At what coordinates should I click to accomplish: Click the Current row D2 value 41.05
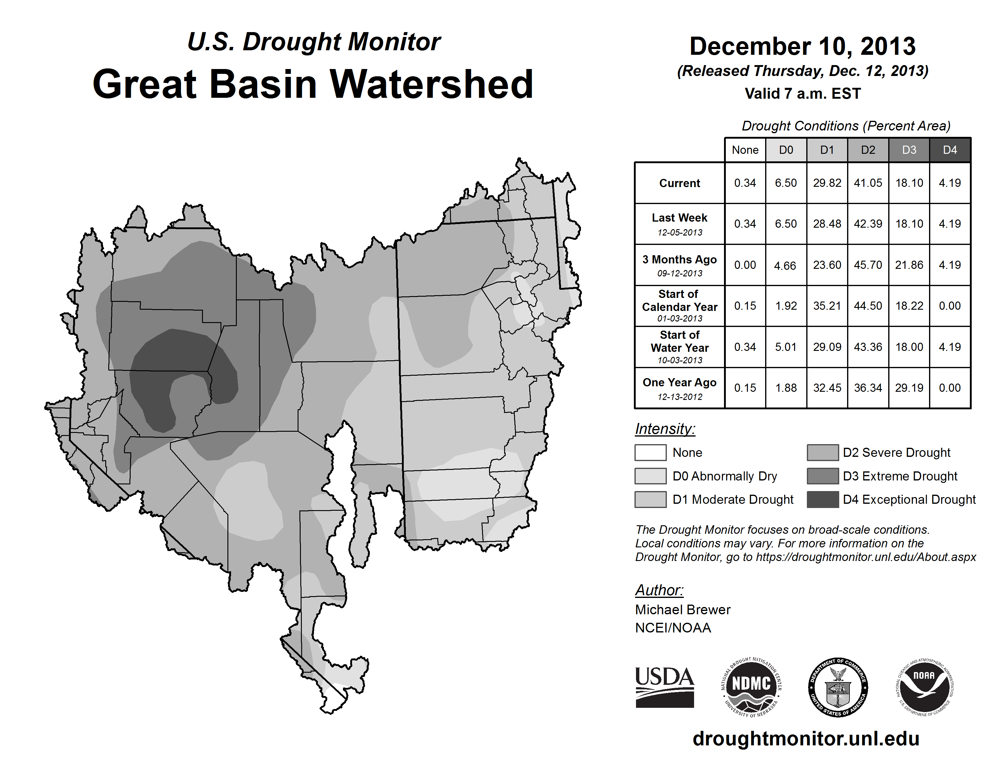868,183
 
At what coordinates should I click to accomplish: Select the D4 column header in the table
950,150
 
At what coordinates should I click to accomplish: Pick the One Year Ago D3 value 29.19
909,388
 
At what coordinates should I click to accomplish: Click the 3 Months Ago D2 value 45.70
868,265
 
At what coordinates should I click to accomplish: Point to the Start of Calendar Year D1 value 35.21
827,305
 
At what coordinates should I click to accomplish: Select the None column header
745,150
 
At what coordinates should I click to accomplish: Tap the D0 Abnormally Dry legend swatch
650,476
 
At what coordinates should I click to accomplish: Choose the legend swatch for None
650,452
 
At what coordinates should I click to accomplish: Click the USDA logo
664,687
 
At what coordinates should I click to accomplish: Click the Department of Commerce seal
838,687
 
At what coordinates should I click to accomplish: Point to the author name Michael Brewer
683,610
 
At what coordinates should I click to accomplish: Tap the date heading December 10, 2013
802,46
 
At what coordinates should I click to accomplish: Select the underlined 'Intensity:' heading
665,429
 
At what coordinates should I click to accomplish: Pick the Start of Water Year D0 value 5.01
785,347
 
